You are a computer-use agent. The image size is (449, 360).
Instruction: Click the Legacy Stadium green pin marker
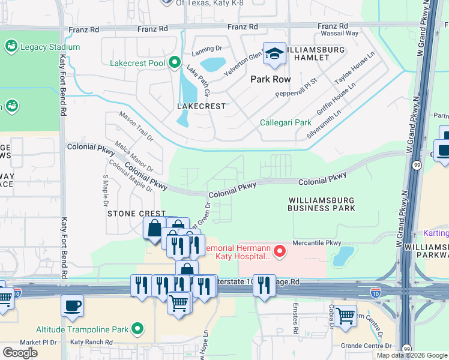tap(11, 46)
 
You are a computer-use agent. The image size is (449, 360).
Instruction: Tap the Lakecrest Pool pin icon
tap(175, 62)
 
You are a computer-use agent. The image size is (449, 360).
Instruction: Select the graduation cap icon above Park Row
tap(274, 55)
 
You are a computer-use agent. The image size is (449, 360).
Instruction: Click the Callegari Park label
tap(282, 122)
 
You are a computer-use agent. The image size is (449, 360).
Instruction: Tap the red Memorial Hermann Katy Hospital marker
tap(279, 252)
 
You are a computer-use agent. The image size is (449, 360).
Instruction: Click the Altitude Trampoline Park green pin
tap(138, 329)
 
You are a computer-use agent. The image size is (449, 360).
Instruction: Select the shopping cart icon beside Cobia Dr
tap(345, 315)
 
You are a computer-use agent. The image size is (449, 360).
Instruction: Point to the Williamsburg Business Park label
tap(321, 204)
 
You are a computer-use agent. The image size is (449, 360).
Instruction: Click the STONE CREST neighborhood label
tap(136, 214)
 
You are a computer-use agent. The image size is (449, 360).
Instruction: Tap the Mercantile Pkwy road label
tap(316, 243)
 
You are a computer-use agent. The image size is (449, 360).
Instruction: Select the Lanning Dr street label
tap(206, 53)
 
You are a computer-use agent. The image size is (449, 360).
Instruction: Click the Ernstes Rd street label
tap(296, 323)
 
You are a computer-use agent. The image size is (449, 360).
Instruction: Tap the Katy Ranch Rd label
tap(91, 342)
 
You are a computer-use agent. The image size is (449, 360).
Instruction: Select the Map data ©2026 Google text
tap(412, 355)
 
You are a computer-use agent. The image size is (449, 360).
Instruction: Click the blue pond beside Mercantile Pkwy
tap(342, 256)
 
